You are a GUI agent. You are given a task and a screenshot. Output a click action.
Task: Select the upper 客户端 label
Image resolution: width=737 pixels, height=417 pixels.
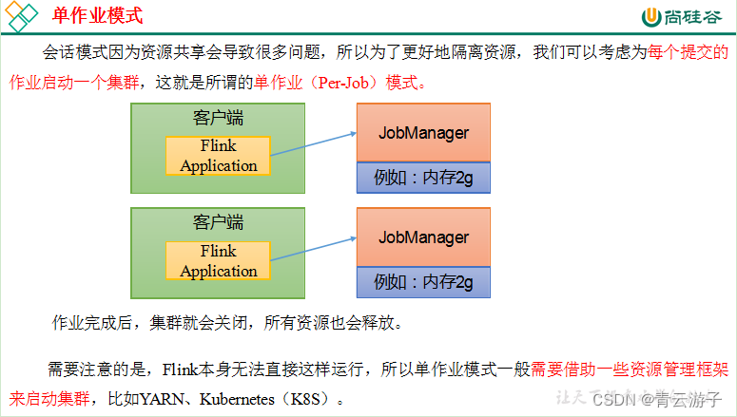click(x=218, y=118)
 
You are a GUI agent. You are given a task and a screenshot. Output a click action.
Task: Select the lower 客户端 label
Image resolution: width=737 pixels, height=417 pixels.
click(x=218, y=222)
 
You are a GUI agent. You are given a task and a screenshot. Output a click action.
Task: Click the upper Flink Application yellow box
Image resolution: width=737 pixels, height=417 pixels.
click(x=218, y=156)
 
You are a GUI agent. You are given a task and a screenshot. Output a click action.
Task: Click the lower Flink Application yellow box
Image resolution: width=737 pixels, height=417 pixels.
click(x=218, y=261)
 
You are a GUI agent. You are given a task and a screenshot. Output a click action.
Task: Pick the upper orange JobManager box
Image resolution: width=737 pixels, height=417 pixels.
click(x=423, y=133)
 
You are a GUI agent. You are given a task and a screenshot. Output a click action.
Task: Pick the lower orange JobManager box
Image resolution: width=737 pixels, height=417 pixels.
click(x=423, y=237)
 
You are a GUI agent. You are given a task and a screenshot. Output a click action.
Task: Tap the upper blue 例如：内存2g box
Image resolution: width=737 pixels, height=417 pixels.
click(x=423, y=178)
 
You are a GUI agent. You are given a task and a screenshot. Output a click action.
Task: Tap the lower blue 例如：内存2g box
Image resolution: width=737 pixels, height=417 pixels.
click(x=423, y=282)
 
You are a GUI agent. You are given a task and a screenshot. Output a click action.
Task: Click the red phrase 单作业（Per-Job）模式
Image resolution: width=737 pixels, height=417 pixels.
click(x=336, y=83)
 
